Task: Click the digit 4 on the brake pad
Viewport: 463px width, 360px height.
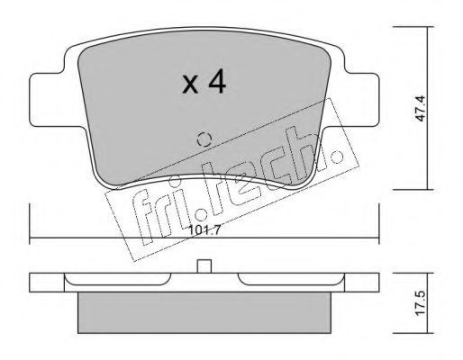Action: point(217,81)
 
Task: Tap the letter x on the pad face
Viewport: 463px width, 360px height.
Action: point(190,85)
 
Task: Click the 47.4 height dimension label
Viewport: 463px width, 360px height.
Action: point(421,108)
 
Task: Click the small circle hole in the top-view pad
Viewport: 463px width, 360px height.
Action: point(204,139)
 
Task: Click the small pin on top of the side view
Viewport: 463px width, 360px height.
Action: point(204,266)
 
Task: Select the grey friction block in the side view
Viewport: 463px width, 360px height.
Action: point(204,312)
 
